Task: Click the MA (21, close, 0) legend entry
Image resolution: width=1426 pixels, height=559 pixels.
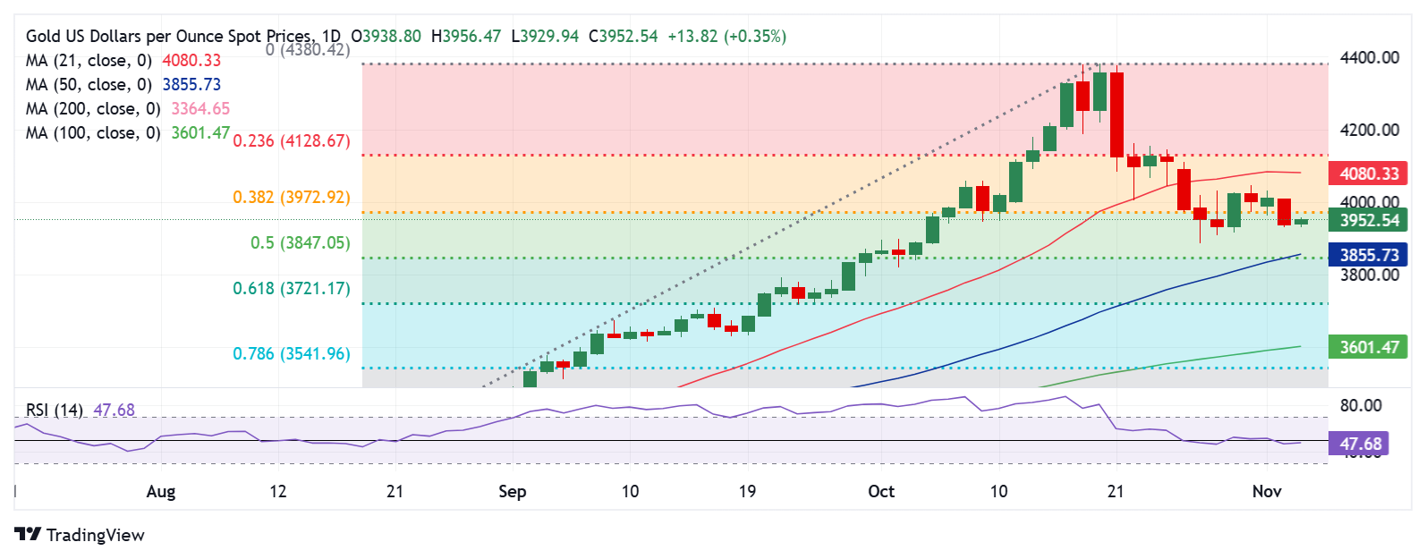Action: coord(89,61)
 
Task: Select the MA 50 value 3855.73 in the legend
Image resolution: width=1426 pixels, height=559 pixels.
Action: coord(191,85)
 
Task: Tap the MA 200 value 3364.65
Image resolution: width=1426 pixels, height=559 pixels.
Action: coord(200,109)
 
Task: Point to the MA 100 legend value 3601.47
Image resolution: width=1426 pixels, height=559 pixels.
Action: coord(200,133)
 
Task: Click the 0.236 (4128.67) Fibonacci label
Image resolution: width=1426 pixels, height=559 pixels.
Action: coord(292,141)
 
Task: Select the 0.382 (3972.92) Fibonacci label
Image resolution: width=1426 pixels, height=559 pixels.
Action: coord(292,198)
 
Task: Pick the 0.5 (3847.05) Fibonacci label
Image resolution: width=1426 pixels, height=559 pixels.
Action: coord(301,243)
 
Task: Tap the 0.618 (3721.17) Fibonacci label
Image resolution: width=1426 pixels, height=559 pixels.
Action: coord(292,289)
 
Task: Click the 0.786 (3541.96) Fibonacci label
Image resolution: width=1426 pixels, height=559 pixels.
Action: coord(292,354)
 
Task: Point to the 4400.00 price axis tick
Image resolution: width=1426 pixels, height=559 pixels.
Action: coord(1369,58)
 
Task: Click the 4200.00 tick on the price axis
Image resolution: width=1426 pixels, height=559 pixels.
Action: coord(1369,131)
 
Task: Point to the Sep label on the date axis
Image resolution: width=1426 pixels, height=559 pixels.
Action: coord(513,492)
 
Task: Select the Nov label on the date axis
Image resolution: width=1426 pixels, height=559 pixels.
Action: coord(1267,492)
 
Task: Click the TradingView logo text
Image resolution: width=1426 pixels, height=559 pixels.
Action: coord(95,536)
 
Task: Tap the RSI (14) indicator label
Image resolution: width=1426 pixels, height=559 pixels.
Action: coord(54,411)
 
